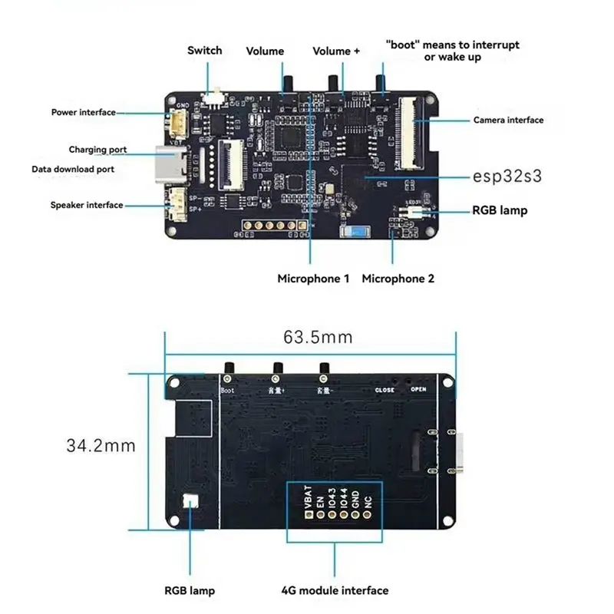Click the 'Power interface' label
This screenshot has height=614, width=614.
[83, 112]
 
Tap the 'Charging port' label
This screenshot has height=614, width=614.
[98, 150]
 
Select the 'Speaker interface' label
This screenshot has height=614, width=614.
[87, 205]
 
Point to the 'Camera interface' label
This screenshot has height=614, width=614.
[508, 120]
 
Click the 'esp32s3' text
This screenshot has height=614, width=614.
[507, 177]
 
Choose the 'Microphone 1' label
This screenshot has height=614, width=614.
[313, 279]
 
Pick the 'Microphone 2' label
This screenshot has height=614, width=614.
[398, 279]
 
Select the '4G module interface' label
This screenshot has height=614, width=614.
[335, 590]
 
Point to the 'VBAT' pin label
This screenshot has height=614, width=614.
[309, 498]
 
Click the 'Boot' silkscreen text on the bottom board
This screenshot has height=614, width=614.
[229, 391]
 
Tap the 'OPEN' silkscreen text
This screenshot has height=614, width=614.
[418, 389]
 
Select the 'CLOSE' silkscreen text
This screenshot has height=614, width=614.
[385, 390]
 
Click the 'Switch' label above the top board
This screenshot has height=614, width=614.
[205, 51]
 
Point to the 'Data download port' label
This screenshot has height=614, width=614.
[73, 169]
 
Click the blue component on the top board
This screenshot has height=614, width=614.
[355, 233]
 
